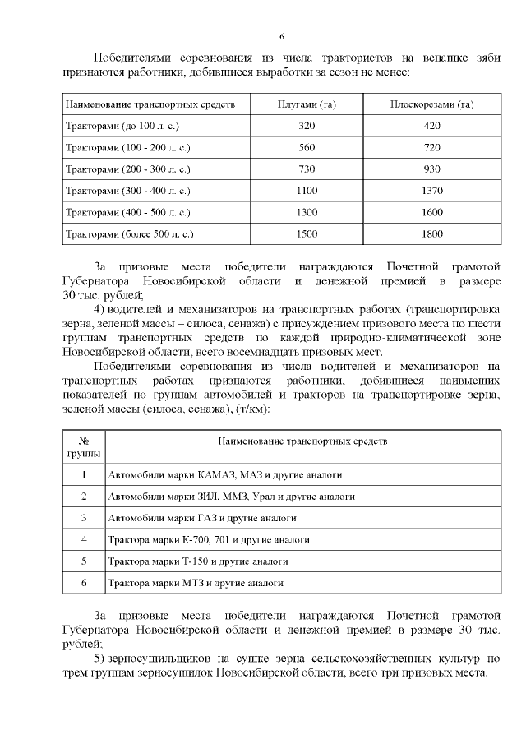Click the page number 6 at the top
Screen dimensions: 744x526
point(281,36)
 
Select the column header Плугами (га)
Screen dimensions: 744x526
point(307,105)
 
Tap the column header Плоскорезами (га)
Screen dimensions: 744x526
point(432,105)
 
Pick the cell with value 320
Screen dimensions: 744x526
point(307,127)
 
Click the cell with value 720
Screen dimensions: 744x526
point(432,148)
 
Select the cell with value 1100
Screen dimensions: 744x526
point(307,191)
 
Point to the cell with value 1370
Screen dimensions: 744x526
point(432,191)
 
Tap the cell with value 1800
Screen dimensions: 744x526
point(432,234)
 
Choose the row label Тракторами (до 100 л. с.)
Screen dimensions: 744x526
point(122,127)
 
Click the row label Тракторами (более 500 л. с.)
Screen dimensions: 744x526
point(129,234)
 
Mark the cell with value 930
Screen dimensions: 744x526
point(432,169)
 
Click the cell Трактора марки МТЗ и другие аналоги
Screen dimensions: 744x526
point(196,583)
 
